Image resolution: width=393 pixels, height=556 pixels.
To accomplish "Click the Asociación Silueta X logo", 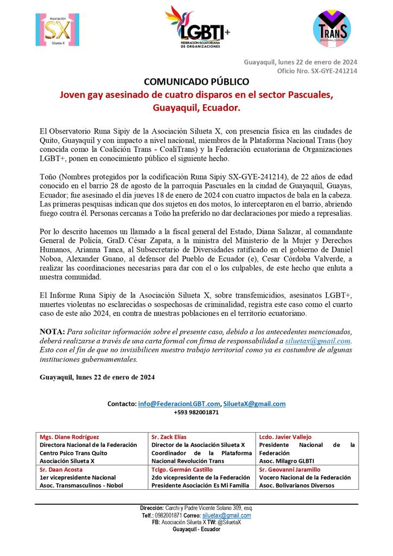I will pyautogui.click(x=53, y=29).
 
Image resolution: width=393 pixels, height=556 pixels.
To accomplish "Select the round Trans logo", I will pyautogui.click(x=332, y=29).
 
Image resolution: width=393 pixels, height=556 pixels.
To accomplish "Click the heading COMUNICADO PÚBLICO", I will pyautogui.click(x=196, y=82).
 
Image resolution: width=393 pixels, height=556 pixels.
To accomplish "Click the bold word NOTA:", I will pyautogui.click(x=53, y=331).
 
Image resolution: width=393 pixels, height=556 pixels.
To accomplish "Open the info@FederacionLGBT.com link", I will pyautogui.click(x=179, y=403).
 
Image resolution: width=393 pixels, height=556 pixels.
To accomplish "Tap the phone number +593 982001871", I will pyautogui.click(x=196, y=412).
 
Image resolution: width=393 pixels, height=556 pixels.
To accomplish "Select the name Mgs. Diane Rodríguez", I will pyautogui.click(x=69, y=437).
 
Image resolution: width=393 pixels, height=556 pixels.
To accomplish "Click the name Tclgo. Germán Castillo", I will pyautogui.click(x=182, y=469).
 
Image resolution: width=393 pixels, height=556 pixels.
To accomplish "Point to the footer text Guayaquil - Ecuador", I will pyautogui.click(x=196, y=529).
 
